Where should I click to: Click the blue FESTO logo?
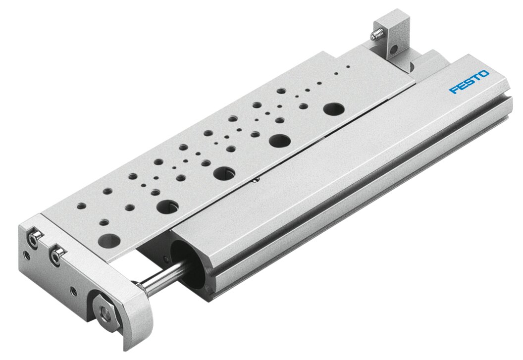click(469, 82)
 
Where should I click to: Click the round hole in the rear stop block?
click(394, 50)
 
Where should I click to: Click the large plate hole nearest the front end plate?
click(109, 241)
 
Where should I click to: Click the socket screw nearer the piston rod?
click(57, 256)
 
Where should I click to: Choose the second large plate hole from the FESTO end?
click(280, 140)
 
